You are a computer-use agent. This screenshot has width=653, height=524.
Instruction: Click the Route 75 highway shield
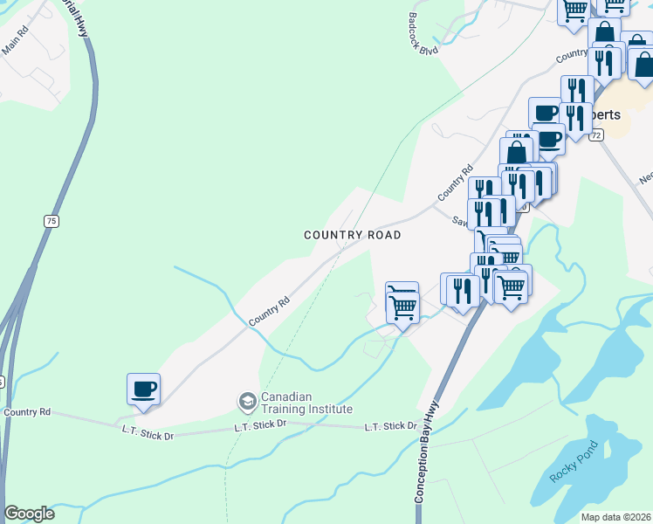pyautogui.click(x=52, y=222)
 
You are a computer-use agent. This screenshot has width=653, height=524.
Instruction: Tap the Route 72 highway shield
pyautogui.click(x=596, y=136)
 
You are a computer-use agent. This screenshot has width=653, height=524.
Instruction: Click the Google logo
pyautogui.click(x=29, y=514)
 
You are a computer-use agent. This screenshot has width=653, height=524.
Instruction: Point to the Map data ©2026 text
pyautogui.click(x=615, y=517)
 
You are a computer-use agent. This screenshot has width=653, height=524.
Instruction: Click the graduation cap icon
pyautogui.click(x=247, y=402)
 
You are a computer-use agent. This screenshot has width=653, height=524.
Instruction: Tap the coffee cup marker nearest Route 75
pyautogui.click(x=143, y=389)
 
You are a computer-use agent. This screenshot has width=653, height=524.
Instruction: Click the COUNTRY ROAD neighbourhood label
pyautogui.click(x=353, y=235)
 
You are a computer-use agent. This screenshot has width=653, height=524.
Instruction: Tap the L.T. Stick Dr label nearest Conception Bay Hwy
pyautogui.click(x=390, y=426)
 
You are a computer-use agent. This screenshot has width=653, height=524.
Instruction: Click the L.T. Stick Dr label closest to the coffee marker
pyautogui.click(x=148, y=431)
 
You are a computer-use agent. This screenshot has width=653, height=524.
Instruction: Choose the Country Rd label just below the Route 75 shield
pyautogui.click(x=27, y=412)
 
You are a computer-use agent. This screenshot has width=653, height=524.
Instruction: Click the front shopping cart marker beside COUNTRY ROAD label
pyautogui.click(x=402, y=307)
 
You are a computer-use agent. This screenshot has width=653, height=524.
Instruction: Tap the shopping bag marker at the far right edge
pyautogui.click(x=643, y=64)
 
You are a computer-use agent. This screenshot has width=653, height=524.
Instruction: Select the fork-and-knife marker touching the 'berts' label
pyautogui.click(x=576, y=116)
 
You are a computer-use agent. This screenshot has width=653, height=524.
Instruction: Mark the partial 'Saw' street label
pyautogui.click(x=459, y=222)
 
